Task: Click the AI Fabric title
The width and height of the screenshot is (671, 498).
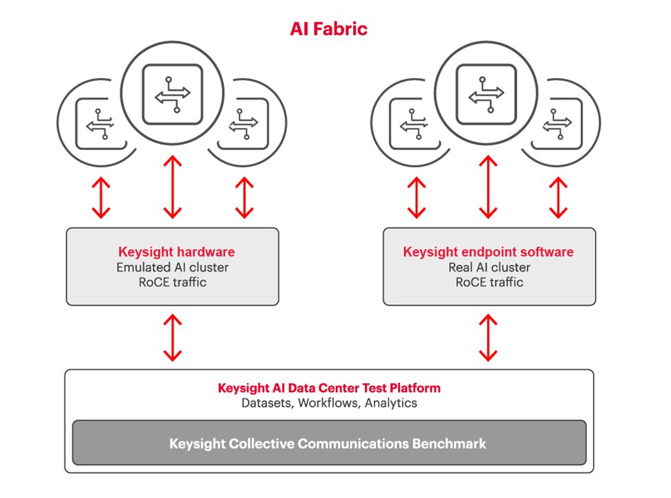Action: point(328,29)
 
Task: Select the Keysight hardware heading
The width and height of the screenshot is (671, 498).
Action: point(176,252)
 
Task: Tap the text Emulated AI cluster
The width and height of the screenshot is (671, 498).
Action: point(172,267)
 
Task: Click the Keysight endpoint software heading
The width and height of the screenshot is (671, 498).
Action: point(488,252)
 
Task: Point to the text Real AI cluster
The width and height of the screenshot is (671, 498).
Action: point(489,267)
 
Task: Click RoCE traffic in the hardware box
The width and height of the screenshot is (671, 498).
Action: point(172,282)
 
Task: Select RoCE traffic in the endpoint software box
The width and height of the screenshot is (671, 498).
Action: point(489,282)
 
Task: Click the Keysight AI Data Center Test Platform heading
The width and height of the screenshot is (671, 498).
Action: point(329,387)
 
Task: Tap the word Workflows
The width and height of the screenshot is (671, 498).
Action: point(328,403)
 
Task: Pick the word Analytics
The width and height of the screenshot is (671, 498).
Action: point(391,403)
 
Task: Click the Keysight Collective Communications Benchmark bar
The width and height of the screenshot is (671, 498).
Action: point(329,443)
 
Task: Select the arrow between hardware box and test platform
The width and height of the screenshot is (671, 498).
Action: point(172,338)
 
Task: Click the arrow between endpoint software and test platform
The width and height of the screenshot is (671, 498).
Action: point(489,338)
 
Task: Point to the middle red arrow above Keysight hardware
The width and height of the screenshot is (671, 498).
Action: point(172,187)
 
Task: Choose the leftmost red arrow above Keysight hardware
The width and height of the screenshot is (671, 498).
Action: point(102,197)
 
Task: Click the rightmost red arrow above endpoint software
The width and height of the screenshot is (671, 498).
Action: point(558,197)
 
